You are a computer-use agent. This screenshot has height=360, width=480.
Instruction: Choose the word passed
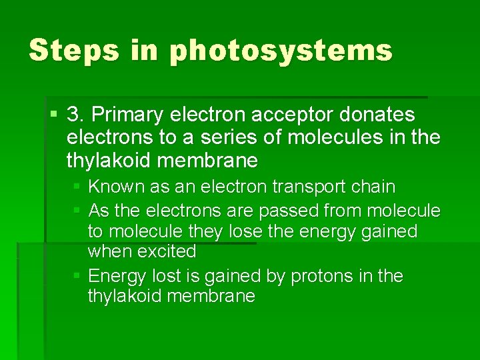tap(289, 211)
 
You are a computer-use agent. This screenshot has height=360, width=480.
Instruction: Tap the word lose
tap(247, 231)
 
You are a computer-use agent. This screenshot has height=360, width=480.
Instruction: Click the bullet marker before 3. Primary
tap(54, 115)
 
